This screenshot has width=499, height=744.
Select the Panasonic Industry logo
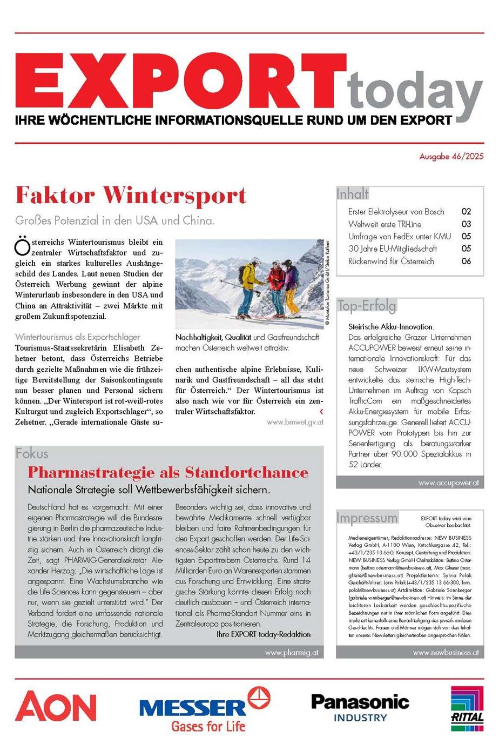(x=360, y=708)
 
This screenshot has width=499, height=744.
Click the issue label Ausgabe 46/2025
(x=451, y=156)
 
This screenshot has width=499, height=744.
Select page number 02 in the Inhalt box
(x=466, y=212)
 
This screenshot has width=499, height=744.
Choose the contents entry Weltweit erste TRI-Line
(x=385, y=224)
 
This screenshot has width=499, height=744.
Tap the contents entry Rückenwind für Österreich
(x=391, y=261)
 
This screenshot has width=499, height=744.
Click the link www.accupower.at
(x=448, y=483)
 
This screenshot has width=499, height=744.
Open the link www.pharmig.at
(x=292, y=653)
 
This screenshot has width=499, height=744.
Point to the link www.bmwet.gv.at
(x=295, y=423)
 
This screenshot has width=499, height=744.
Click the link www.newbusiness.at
(x=446, y=653)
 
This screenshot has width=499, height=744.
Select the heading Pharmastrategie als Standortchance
(x=168, y=472)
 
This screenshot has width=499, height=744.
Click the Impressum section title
(x=367, y=518)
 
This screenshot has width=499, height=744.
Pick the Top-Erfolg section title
(x=367, y=306)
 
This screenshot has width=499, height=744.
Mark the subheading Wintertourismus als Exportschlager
(x=78, y=337)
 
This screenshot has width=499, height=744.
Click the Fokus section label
(x=32, y=453)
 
